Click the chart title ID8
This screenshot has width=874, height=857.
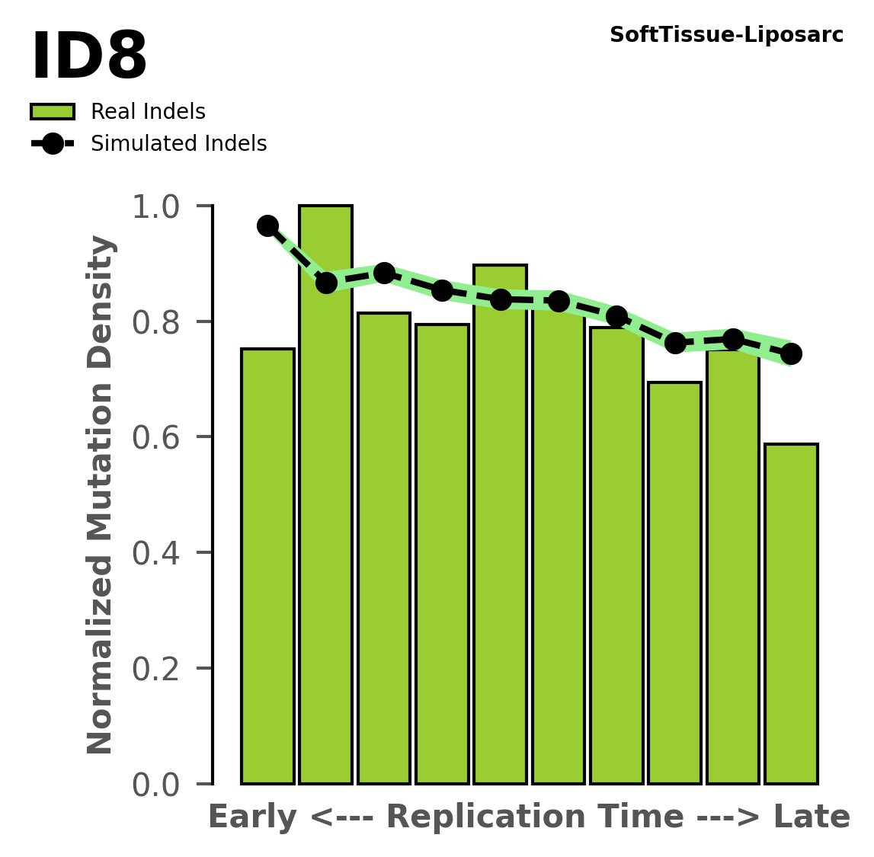point(88,58)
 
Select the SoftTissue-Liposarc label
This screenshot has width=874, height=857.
point(726,35)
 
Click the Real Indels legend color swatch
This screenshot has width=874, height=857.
point(53,112)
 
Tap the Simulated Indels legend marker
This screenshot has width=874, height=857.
point(53,143)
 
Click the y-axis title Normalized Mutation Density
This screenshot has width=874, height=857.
point(101,495)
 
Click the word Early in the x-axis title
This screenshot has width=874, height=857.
point(253,817)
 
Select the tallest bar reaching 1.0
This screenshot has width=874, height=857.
point(325,495)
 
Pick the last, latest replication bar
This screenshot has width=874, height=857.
point(791,613)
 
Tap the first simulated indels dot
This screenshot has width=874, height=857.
point(267,225)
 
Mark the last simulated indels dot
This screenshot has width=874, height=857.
point(791,353)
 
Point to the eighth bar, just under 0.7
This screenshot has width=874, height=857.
point(674,583)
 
